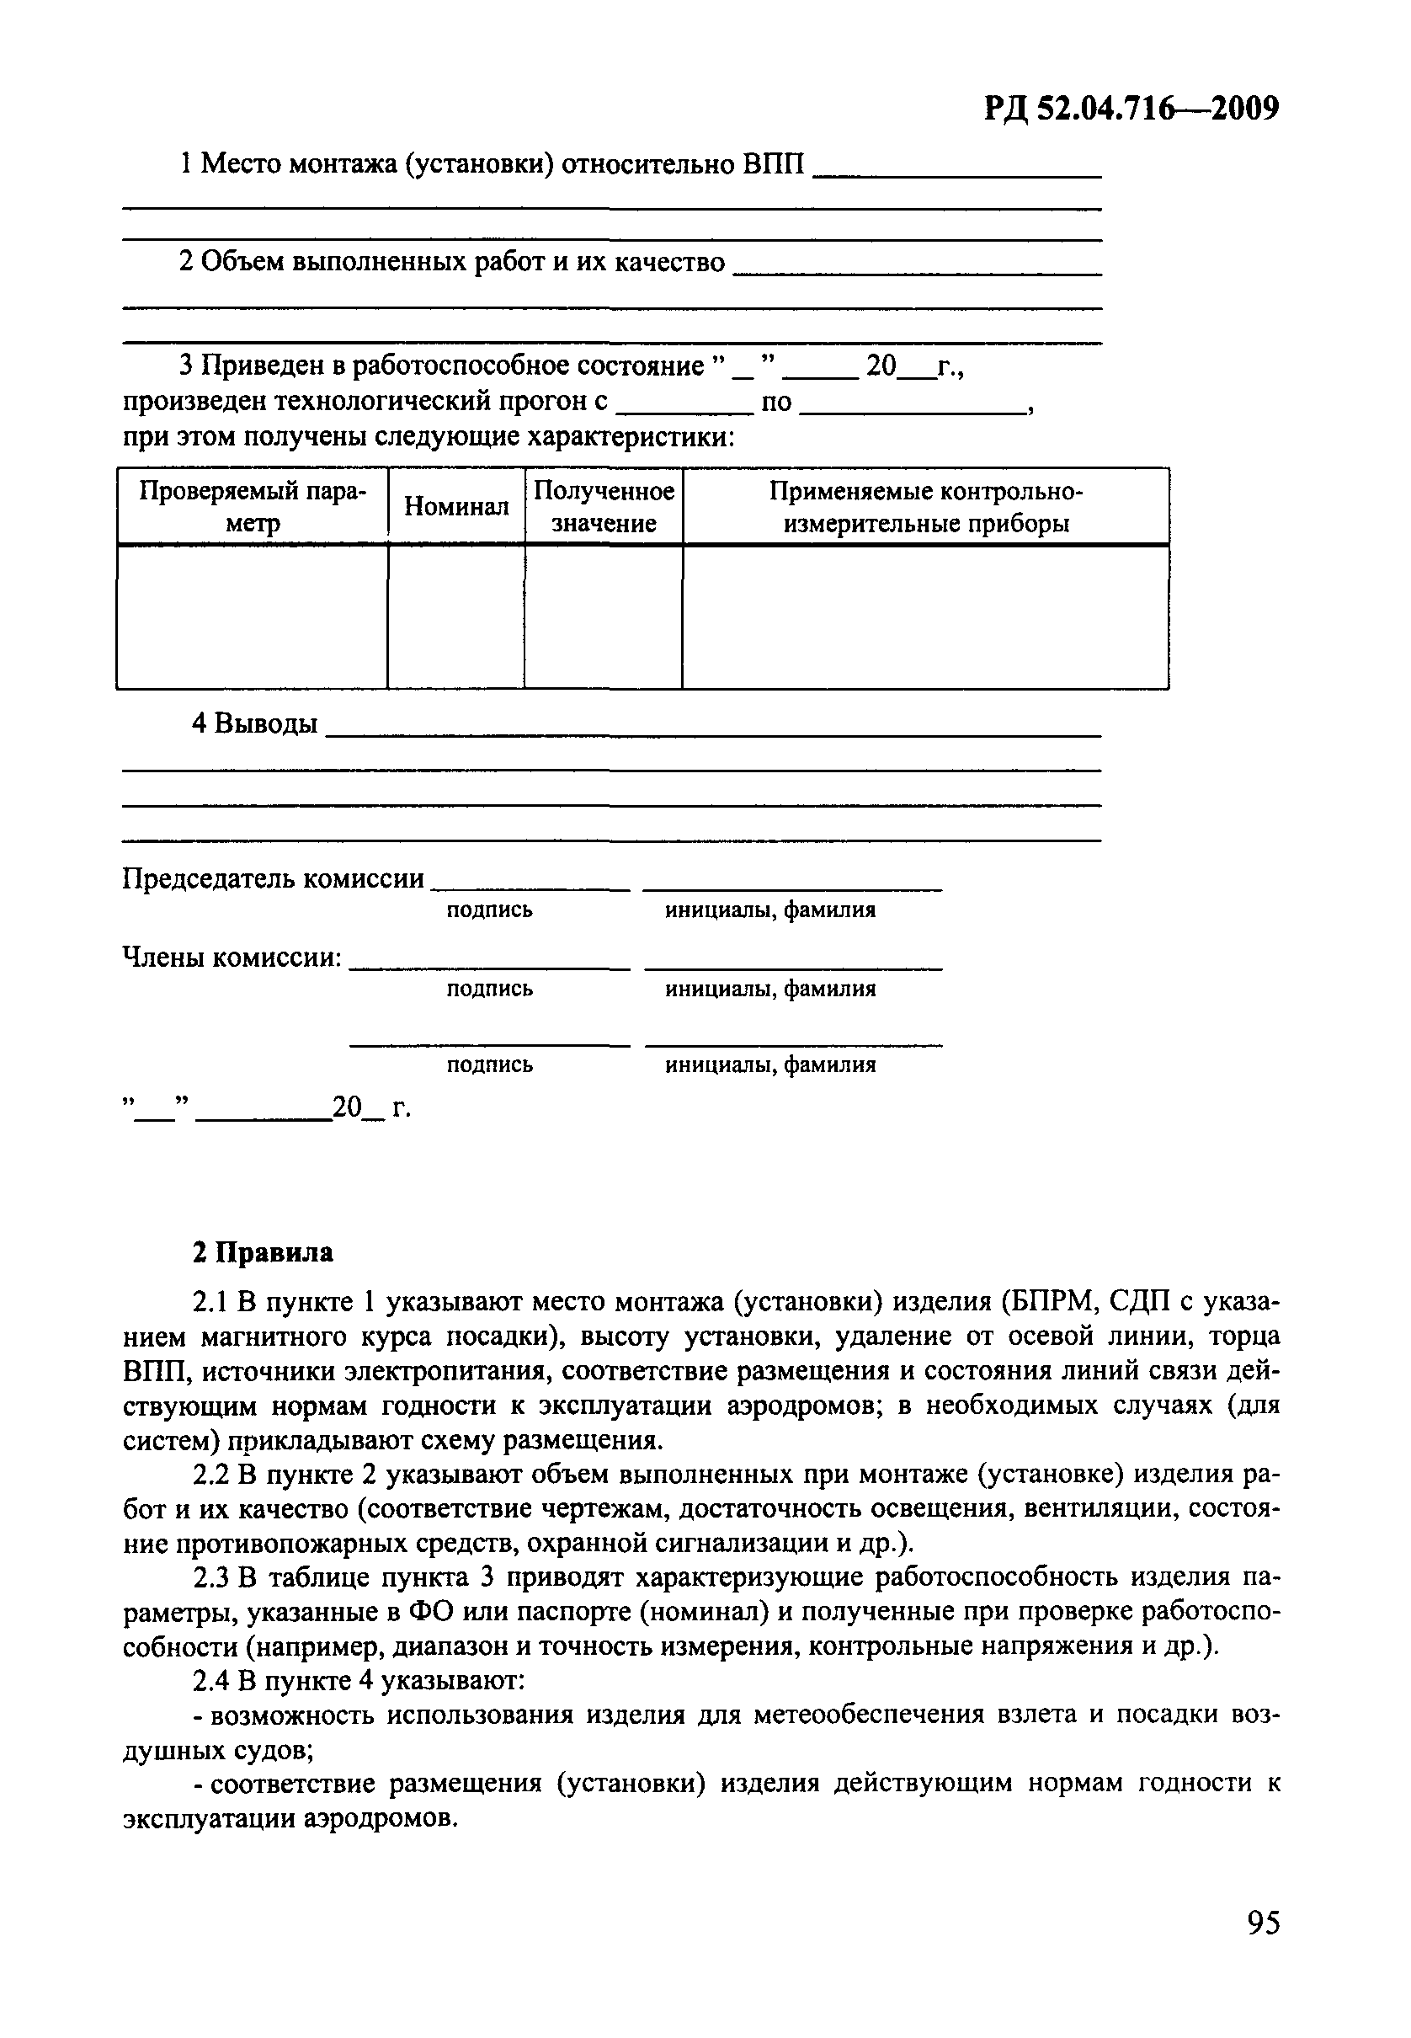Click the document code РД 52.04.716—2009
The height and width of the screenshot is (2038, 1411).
[x=1131, y=109]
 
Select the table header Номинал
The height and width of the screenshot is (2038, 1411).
[x=456, y=507]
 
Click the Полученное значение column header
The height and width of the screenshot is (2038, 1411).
[x=604, y=507]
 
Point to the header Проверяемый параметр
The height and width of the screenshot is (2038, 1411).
[x=253, y=507]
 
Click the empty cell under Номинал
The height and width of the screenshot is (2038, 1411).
[x=456, y=616]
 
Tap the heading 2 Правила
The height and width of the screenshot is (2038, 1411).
[x=263, y=1253]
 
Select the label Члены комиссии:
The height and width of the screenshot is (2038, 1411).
[x=232, y=957]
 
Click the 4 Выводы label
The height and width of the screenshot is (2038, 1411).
[x=254, y=723]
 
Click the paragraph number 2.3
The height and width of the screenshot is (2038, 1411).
[x=211, y=1577]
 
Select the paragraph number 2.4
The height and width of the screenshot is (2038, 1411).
[x=211, y=1681]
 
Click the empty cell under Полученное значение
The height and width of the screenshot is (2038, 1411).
[x=604, y=616]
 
